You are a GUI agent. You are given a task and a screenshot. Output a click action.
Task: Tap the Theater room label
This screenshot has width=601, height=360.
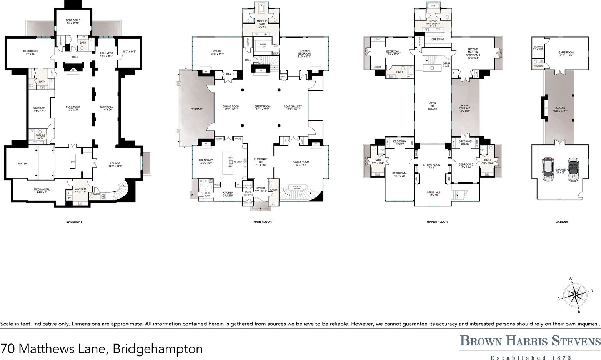tap(22, 164)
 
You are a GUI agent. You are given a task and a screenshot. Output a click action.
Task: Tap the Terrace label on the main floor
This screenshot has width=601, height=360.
tap(197, 109)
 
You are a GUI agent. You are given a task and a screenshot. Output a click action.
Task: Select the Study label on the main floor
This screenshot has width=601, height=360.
tap(217, 53)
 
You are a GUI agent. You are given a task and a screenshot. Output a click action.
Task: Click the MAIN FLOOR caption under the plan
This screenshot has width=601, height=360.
tap(262, 222)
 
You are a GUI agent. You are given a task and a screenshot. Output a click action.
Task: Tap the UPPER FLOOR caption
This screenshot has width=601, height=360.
tap(437, 222)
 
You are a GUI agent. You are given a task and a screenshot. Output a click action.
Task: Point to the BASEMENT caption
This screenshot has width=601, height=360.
tap(74, 222)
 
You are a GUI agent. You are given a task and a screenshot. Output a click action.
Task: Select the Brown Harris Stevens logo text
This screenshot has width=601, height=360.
tap(530, 340)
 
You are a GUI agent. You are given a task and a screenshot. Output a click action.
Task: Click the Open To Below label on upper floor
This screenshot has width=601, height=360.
tap(432, 106)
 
